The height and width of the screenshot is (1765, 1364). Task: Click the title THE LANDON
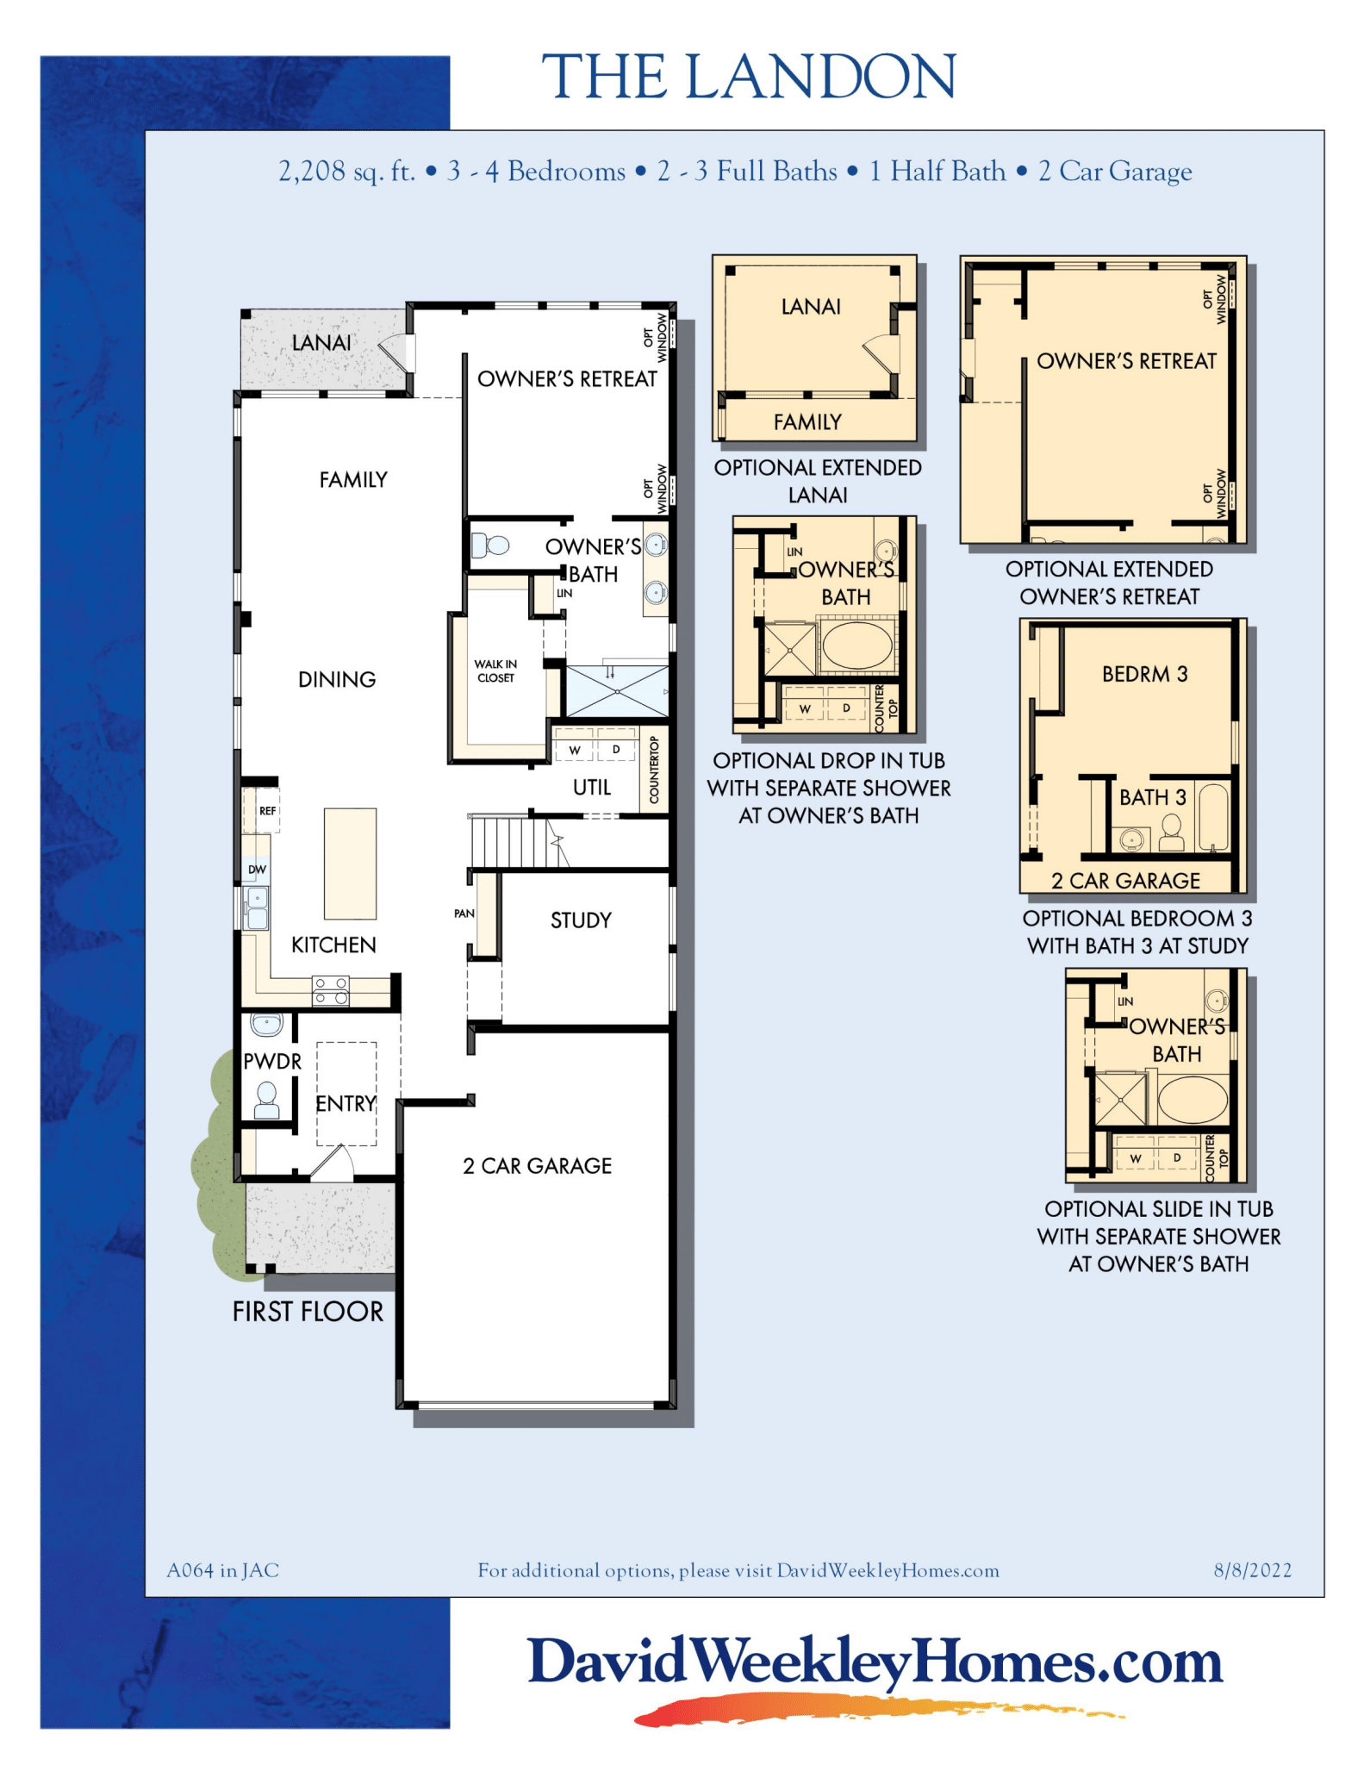(x=748, y=77)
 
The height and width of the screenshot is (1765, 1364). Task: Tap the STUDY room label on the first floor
(x=581, y=920)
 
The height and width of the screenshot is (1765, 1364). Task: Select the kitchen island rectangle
(x=350, y=864)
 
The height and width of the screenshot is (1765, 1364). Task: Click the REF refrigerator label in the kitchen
(x=267, y=811)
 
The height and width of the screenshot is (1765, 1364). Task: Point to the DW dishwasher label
(x=257, y=870)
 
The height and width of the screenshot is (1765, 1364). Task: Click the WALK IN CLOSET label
(x=495, y=670)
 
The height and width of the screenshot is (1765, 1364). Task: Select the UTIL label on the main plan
(x=592, y=787)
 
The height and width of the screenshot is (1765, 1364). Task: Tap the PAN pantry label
(x=464, y=914)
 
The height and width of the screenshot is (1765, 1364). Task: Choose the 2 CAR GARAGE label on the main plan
(x=537, y=1166)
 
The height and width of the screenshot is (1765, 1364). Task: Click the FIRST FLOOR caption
(x=308, y=1312)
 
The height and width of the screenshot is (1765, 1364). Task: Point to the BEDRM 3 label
(x=1144, y=674)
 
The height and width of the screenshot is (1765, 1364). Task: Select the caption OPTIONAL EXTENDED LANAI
(x=818, y=481)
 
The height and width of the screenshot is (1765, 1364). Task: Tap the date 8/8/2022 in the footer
(x=1252, y=1570)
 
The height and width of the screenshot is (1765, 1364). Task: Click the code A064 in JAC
(x=222, y=1570)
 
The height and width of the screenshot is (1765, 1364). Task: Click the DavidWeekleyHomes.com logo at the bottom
(x=875, y=1663)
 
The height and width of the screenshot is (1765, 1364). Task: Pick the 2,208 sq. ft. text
(x=346, y=172)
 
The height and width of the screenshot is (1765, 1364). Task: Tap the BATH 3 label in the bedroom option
(x=1152, y=797)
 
